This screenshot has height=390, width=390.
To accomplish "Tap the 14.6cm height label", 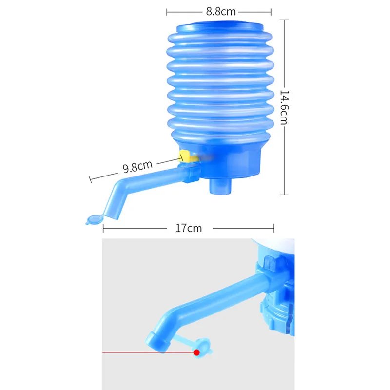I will click(283, 107).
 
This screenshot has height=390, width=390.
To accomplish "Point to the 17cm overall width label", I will click(188, 228).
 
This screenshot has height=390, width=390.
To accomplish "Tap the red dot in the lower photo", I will click(196, 351).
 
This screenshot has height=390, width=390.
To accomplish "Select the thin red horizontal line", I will click(146, 351).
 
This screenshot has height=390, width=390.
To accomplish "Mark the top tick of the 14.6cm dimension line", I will click(283, 20).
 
